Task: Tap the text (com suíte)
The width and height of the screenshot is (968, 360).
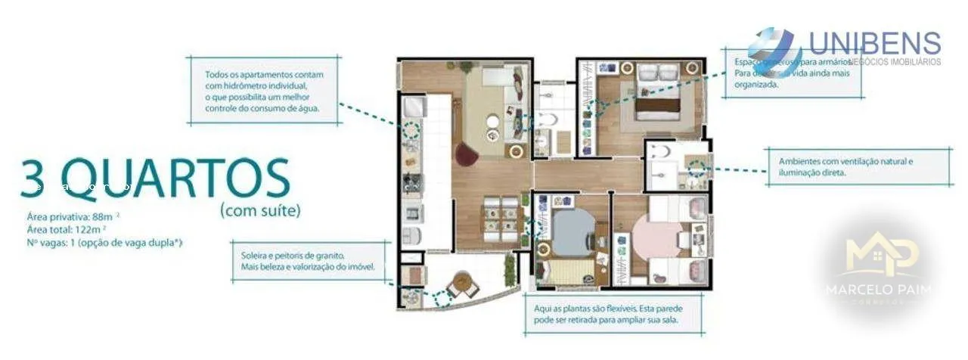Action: coord(260,211)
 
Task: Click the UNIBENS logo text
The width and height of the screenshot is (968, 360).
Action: coord(874,43)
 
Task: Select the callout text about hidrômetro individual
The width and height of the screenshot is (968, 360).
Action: coord(263,92)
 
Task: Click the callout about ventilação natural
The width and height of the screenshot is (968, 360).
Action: coord(845,167)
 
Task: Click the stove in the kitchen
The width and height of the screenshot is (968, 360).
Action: coord(412,182)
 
